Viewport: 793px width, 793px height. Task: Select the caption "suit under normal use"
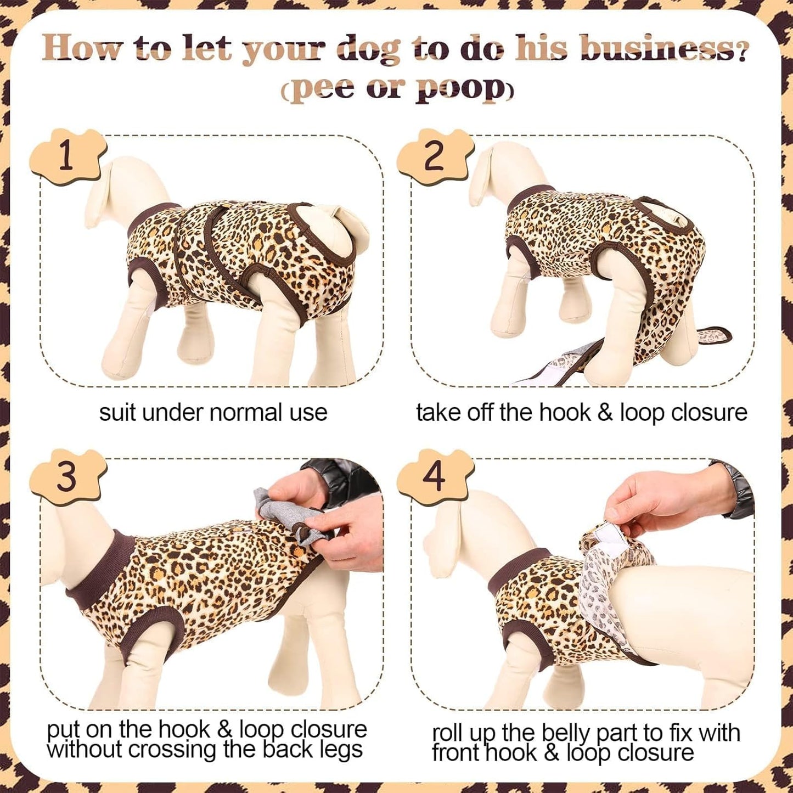click(213, 413)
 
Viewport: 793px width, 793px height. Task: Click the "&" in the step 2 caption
click(605, 413)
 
